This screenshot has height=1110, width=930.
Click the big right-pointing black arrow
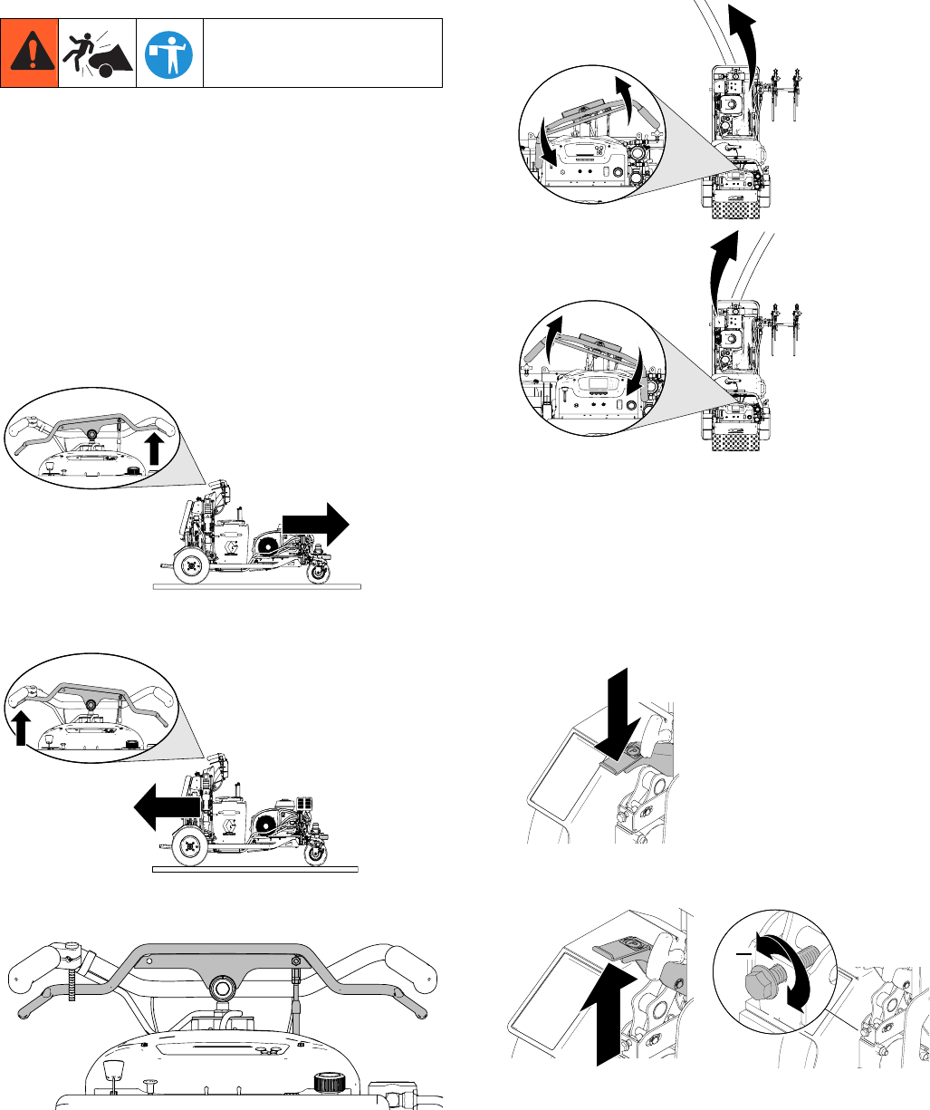pyautogui.click(x=316, y=524)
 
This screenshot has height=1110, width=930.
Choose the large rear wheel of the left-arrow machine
pyautogui.click(x=189, y=846)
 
